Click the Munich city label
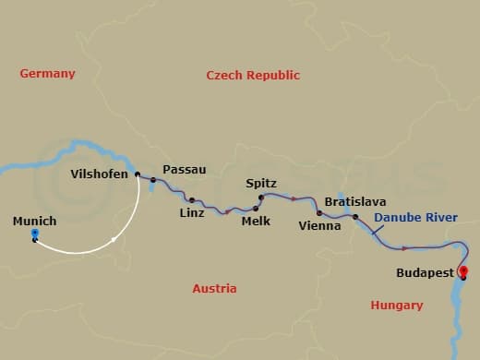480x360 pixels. [x=35, y=222]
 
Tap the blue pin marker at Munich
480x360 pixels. [x=35, y=234]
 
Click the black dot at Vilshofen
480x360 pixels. [x=138, y=174]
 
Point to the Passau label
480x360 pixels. [x=184, y=170]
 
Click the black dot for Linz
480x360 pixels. [x=192, y=199]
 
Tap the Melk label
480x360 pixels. [x=255, y=222]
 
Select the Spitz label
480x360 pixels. [x=261, y=184]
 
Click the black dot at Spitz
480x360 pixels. [x=260, y=197]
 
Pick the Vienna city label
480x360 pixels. [x=319, y=225]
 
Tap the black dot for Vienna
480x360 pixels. [x=319, y=213]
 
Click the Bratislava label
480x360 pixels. [x=355, y=201]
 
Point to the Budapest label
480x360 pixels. [x=425, y=273]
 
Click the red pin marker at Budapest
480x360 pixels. [x=463, y=271]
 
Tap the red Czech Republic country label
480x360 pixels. [x=253, y=76]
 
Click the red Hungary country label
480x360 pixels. [x=396, y=305]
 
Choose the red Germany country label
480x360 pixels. [x=47, y=73]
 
